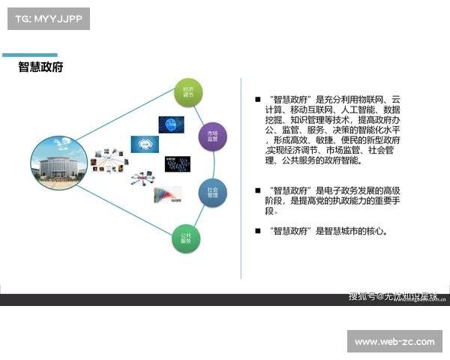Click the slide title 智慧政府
(x=40, y=67)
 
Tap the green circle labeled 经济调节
(x=187, y=92)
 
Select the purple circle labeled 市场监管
(x=212, y=136)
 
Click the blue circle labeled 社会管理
(x=212, y=193)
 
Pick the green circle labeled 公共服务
(x=186, y=238)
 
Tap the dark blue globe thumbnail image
(x=171, y=124)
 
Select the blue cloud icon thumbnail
(x=144, y=143)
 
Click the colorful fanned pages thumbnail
(x=166, y=195)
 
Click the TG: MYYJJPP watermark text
(x=48, y=18)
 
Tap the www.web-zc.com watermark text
(x=394, y=342)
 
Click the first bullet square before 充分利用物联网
(x=258, y=99)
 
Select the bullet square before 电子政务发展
(x=258, y=190)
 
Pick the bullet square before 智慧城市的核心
(x=258, y=231)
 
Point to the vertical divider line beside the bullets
(x=241, y=180)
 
